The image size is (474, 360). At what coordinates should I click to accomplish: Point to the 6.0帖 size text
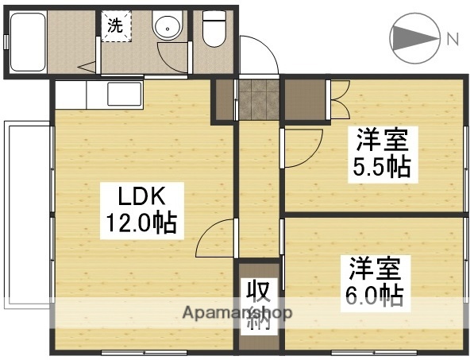click(x=372, y=295)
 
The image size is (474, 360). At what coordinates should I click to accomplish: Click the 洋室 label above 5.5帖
click(x=381, y=140)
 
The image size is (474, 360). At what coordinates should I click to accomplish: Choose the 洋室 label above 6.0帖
click(x=372, y=267)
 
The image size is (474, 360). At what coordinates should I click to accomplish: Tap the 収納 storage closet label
click(x=259, y=304)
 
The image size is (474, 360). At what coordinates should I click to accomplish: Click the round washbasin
click(x=168, y=29)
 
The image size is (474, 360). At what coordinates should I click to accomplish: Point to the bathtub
click(x=27, y=41)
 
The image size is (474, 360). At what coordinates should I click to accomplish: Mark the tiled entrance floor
click(x=258, y=99)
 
